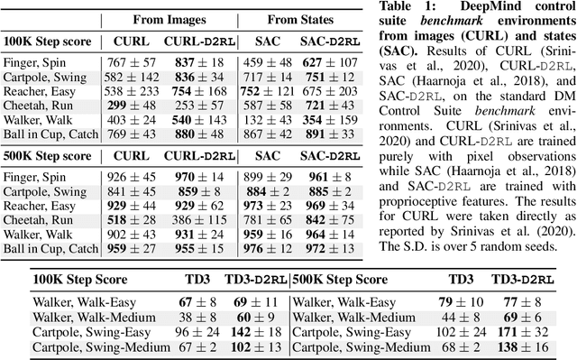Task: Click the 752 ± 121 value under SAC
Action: pos(267,90)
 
